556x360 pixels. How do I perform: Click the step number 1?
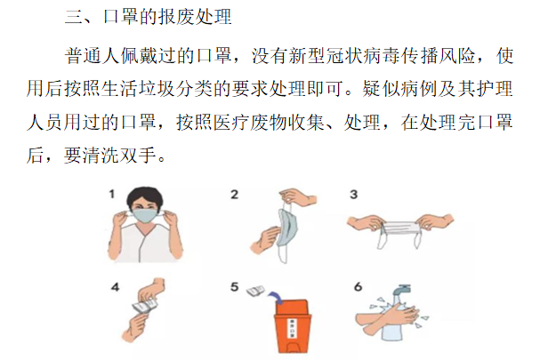112,194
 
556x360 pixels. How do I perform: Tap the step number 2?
234,194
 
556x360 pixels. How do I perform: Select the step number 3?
353,194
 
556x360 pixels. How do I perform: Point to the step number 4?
115,286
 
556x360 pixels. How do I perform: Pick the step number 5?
234,286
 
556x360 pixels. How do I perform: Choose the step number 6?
359,286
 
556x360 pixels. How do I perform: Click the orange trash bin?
292,326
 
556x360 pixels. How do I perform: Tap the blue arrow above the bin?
275,297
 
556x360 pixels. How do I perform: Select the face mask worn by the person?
145,215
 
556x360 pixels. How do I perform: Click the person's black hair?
145,197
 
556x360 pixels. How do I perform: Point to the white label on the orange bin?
292,328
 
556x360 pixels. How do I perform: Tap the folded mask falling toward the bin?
255,291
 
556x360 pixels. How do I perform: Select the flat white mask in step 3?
399,228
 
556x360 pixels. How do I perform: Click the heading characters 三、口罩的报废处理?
149,17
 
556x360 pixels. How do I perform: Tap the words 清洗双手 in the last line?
119,155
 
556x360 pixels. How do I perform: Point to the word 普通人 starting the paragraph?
93,56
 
